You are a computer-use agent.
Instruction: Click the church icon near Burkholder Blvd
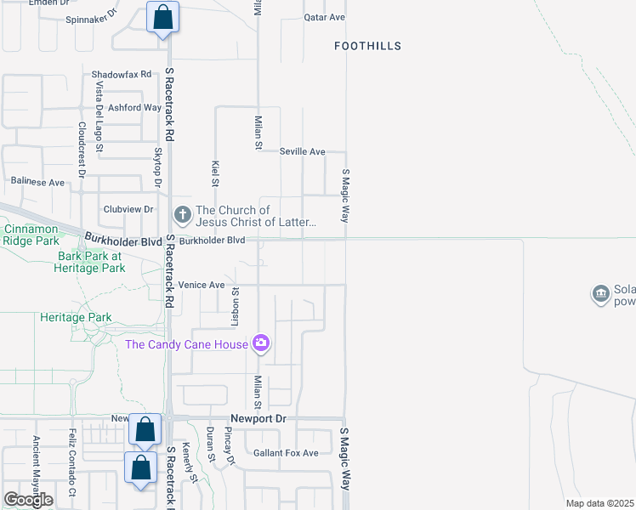point(182,213)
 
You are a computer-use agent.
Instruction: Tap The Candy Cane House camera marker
point(261,343)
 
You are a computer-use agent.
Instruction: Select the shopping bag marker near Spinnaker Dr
point(162,17)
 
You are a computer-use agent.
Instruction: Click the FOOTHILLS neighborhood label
point(367,46)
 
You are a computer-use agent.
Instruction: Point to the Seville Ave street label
point(303,152)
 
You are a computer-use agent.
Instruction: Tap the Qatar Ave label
point(325,17)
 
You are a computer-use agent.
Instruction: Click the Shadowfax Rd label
point(122,75)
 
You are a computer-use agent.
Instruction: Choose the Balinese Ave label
point(37,182)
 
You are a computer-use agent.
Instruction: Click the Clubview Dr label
point(128,209)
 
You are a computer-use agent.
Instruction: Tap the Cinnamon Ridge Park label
point(31,235)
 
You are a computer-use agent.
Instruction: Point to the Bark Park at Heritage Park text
point(91,262)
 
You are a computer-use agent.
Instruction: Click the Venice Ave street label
point(201,285)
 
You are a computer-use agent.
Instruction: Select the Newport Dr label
point(259,419)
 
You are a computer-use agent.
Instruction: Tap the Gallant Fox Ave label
point(286,453)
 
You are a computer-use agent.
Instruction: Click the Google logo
point(28,499)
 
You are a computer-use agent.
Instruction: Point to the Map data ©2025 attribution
point(600,503)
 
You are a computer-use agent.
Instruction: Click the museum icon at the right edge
point(600,294)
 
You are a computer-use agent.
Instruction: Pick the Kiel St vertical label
point(216,173)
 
